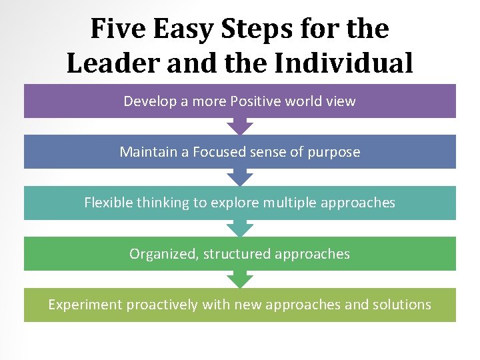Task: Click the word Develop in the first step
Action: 149,101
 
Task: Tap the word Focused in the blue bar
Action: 220,152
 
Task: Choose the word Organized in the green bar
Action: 163,254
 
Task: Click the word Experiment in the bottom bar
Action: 85,305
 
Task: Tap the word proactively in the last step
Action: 161,305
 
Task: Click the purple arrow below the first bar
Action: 240,126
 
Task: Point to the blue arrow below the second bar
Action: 240,177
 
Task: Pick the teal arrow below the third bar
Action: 240,228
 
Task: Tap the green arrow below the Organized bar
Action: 240,279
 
